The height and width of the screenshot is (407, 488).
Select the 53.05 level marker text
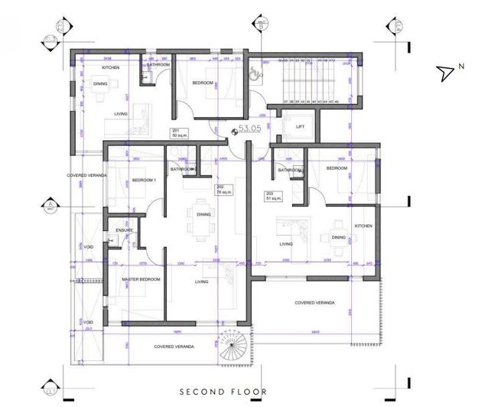tap(250, 130)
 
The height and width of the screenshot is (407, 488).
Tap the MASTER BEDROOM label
tap(142, 279)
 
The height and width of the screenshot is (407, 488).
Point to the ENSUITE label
tap(125, 230)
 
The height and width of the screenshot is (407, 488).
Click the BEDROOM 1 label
tap(144, 180)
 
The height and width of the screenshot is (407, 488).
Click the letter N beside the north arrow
tap(461, 67)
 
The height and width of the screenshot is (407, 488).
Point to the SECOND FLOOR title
tap(223, 392)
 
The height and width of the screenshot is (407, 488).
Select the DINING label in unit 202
tap(203, 214)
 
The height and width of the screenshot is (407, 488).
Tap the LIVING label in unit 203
tap(285, 244)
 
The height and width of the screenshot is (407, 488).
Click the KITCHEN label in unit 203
tap(363, 226)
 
